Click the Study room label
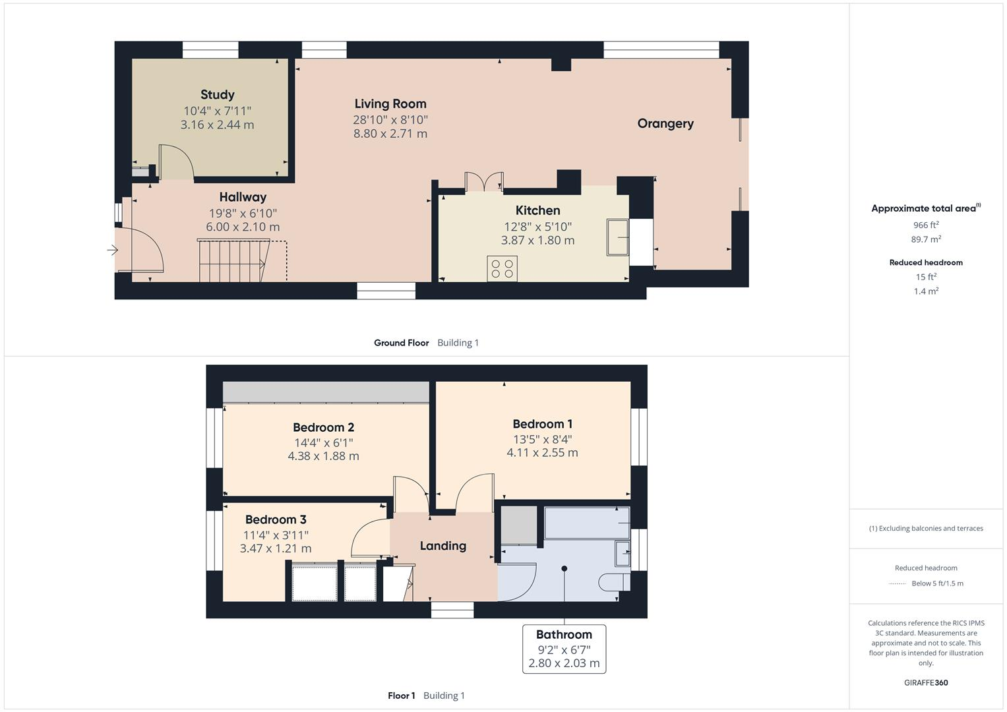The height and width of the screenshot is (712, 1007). [217, 95]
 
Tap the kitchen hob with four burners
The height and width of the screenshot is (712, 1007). [502, 268]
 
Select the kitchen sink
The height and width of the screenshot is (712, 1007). [618, 237]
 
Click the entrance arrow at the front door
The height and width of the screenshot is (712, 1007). [113, 250]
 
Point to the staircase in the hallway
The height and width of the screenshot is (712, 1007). [233, 261]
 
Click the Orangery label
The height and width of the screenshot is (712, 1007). [665, 123]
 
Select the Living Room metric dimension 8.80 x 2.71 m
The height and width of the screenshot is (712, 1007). [390, 134]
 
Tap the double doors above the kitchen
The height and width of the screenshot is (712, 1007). [483, 182]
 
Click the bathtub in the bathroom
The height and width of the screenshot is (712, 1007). [586, 523]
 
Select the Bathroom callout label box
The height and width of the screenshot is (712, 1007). [564, 649]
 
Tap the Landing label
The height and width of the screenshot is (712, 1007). [442, 546]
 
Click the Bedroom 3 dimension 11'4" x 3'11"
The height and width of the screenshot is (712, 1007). [276, 535]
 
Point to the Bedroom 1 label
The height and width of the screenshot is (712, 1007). [542, 424]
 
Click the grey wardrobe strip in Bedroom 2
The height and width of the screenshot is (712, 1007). [326, 392]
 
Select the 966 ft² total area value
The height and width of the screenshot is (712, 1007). [926, 225]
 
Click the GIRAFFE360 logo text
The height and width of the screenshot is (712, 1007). [926, 682]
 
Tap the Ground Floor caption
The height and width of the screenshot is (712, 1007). [401, 343]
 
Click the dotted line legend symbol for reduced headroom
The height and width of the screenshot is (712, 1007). [898, 583]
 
